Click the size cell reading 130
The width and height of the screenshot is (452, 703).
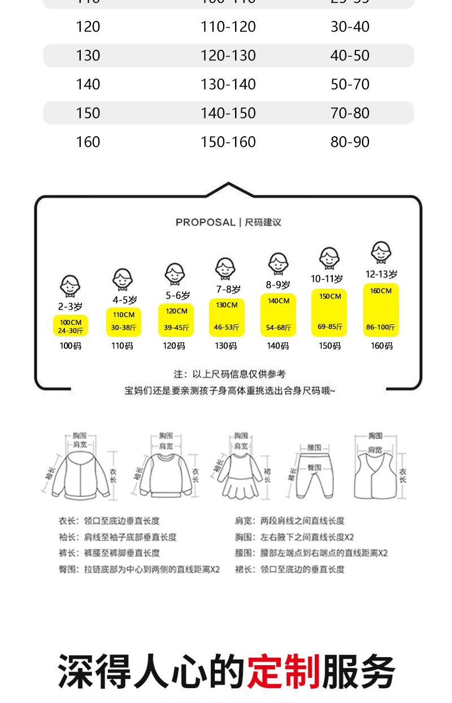[88, 55]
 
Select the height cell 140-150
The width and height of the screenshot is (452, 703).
[228, 113]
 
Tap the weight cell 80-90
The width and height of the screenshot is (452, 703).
[350, 142]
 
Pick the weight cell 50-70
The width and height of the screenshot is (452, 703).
[350, 84]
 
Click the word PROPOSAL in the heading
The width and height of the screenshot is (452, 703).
[205, 222]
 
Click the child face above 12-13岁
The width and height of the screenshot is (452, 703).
[381, 252]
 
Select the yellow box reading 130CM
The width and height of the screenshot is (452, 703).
[227, 317]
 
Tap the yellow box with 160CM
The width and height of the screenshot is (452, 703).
[381, 310]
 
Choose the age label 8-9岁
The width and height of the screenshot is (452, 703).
[279, 285]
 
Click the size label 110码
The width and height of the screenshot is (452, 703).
[122, 346]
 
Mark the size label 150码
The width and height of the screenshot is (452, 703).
[329, 346]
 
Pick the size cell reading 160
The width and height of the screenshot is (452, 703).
[88, 142]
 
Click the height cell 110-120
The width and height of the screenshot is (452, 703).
[228, 27]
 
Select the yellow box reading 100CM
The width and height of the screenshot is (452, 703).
[71, 326]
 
